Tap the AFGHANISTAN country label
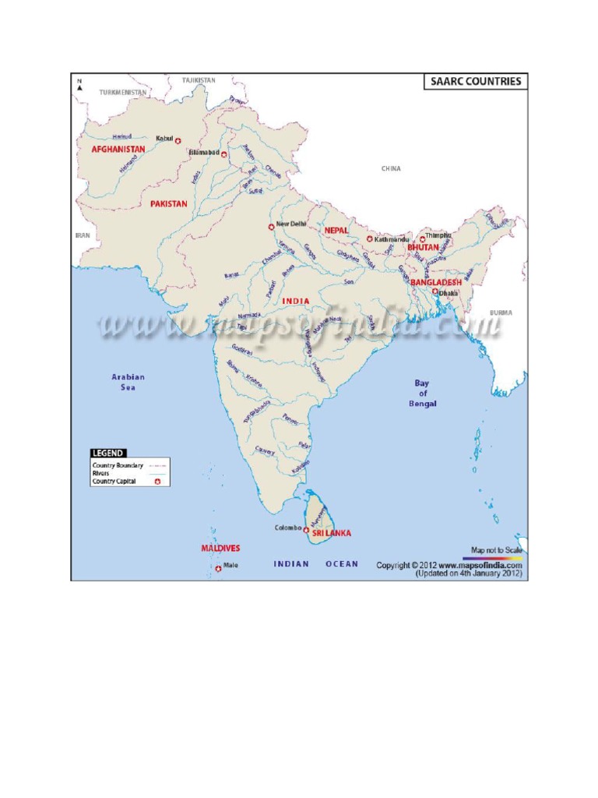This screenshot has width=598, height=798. pyautogui.click(x=118, y=149)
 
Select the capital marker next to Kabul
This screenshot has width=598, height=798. pyautogui.click(x=178, y=140)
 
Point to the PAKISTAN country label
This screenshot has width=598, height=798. pyautogui.click(x=169, y=203)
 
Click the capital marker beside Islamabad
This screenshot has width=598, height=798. pyautogui.click(x=224, y=154)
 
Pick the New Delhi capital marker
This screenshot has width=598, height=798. pyautogui.click(x=271, y=226)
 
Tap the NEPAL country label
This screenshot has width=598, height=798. pyautogui.click(x=336, y=231)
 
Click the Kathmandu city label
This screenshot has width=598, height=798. pyautogui.click(x=391, y=239)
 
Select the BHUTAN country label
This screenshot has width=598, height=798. pyautogui.click(x=423, y=247)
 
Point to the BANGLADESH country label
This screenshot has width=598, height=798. pyautogui.click(x=436, y=281)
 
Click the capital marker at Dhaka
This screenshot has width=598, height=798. pyautogui.click(x=434, y=292)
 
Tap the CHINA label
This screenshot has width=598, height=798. pyautogui.click(x=391, y=168)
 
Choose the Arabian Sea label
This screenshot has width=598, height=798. pyautogui.click(x=128, y=382)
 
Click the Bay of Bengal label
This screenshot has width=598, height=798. pyautogui.click(x=423, y=394)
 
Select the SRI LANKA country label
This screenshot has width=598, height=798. pyautogui.click(x=332, y=533)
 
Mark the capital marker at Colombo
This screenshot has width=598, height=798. pyautogui.click(x=307, y=529)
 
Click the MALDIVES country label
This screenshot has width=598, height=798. pyautogui.click(x=220, y=548)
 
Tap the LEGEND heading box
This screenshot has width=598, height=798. pyautogui.click(x=107, y=452)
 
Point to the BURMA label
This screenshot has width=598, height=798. pyautogui.click(x=501, y=312)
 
